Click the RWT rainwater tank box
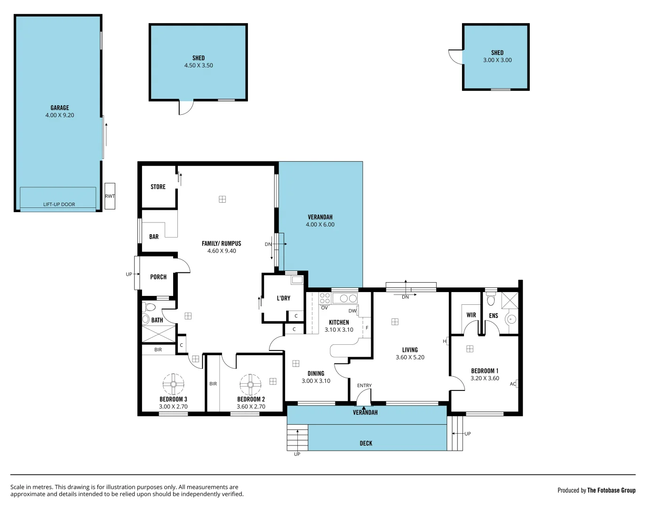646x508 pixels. click(110, 196)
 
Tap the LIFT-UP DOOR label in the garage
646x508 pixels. click(59, 205)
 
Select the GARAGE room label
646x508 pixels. click(60, 108)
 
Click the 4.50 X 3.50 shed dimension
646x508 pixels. click(199, 66)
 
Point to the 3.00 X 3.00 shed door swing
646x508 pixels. click(455, 56)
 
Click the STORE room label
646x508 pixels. click(158, 187)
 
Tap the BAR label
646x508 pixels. click(154, 237)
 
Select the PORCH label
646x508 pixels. click(158, 277)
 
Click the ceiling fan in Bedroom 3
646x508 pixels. click(173, 384)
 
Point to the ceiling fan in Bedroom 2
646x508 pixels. click(250, 385)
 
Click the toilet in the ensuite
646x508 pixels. click(491, 300)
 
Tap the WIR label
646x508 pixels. click(471, 315)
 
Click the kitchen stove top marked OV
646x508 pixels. click(325, 298)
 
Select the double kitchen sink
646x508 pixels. click(348, 298)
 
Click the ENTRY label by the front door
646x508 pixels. click(364, 386)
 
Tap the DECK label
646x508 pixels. click(366, 443)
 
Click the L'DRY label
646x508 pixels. click(283, 298)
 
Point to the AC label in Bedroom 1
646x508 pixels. click(513, 384)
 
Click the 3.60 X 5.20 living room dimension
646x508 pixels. click(410, 357)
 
